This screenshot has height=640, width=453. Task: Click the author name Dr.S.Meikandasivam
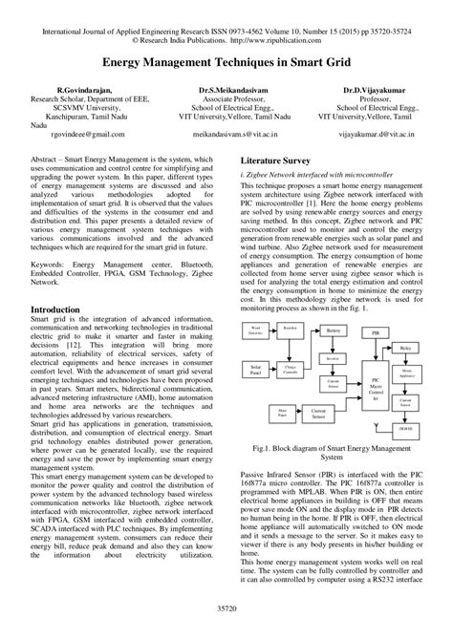pos(226,89)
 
